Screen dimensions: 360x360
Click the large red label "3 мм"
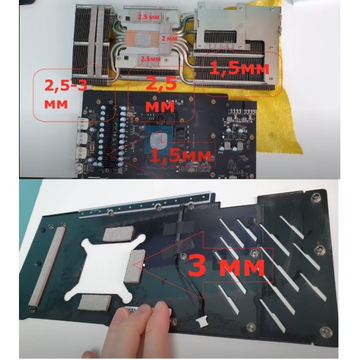[x=226, y=266]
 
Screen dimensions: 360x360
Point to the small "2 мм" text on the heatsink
[x=170, y=39]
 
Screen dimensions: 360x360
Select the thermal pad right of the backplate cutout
[x=137, y=261]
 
